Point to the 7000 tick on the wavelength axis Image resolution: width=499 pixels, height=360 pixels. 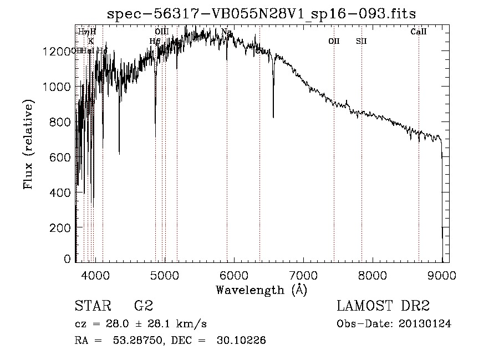coord(303,275)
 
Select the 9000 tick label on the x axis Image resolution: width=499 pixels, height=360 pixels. coord(442,275)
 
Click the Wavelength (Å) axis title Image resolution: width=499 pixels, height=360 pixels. coord(261,290)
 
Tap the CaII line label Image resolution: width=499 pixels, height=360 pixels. coord(419,32)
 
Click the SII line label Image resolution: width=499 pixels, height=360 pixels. coord(361,41)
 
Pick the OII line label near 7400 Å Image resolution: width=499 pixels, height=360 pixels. coord(334,41)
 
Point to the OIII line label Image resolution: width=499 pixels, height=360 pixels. coord(161,32)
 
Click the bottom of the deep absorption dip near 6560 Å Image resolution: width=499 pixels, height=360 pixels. coord(273,117)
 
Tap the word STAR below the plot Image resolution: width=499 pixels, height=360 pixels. coord(93,306)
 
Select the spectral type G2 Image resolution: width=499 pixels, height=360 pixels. coord(144,306)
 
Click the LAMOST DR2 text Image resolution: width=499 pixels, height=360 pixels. coord(384,306)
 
